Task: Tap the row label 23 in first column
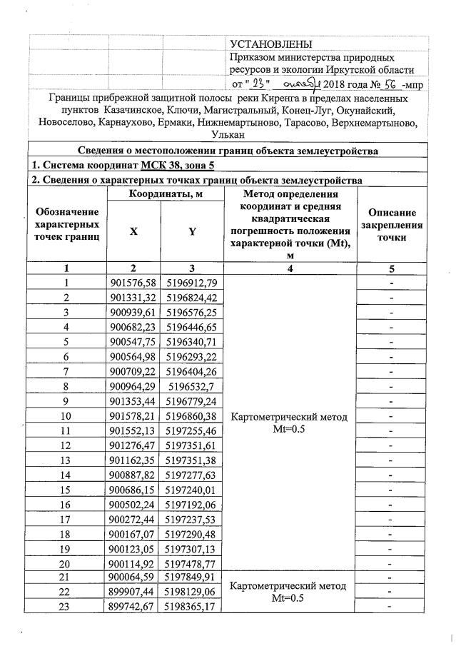point(66,607)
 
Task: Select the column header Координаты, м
point(165,194)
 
